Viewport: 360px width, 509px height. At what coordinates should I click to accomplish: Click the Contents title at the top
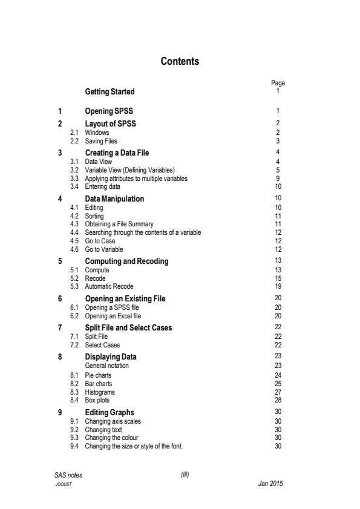pos(180,62)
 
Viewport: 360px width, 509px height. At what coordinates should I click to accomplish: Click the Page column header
pos(278,84)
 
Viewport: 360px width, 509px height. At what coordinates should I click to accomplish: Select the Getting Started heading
pos(110,92)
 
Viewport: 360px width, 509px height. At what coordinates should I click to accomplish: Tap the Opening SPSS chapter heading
pos(108,111)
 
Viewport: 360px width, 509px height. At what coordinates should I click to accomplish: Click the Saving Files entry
pos(101,140)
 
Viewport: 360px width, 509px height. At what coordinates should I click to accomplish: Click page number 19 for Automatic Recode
pos(278,286)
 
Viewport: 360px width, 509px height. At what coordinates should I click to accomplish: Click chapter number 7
pos(59,327)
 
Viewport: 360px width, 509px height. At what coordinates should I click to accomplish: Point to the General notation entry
pos(106,366)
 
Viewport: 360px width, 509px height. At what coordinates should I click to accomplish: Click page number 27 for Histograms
pos(278,392)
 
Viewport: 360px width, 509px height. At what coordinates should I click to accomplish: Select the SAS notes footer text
pos(68,475)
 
